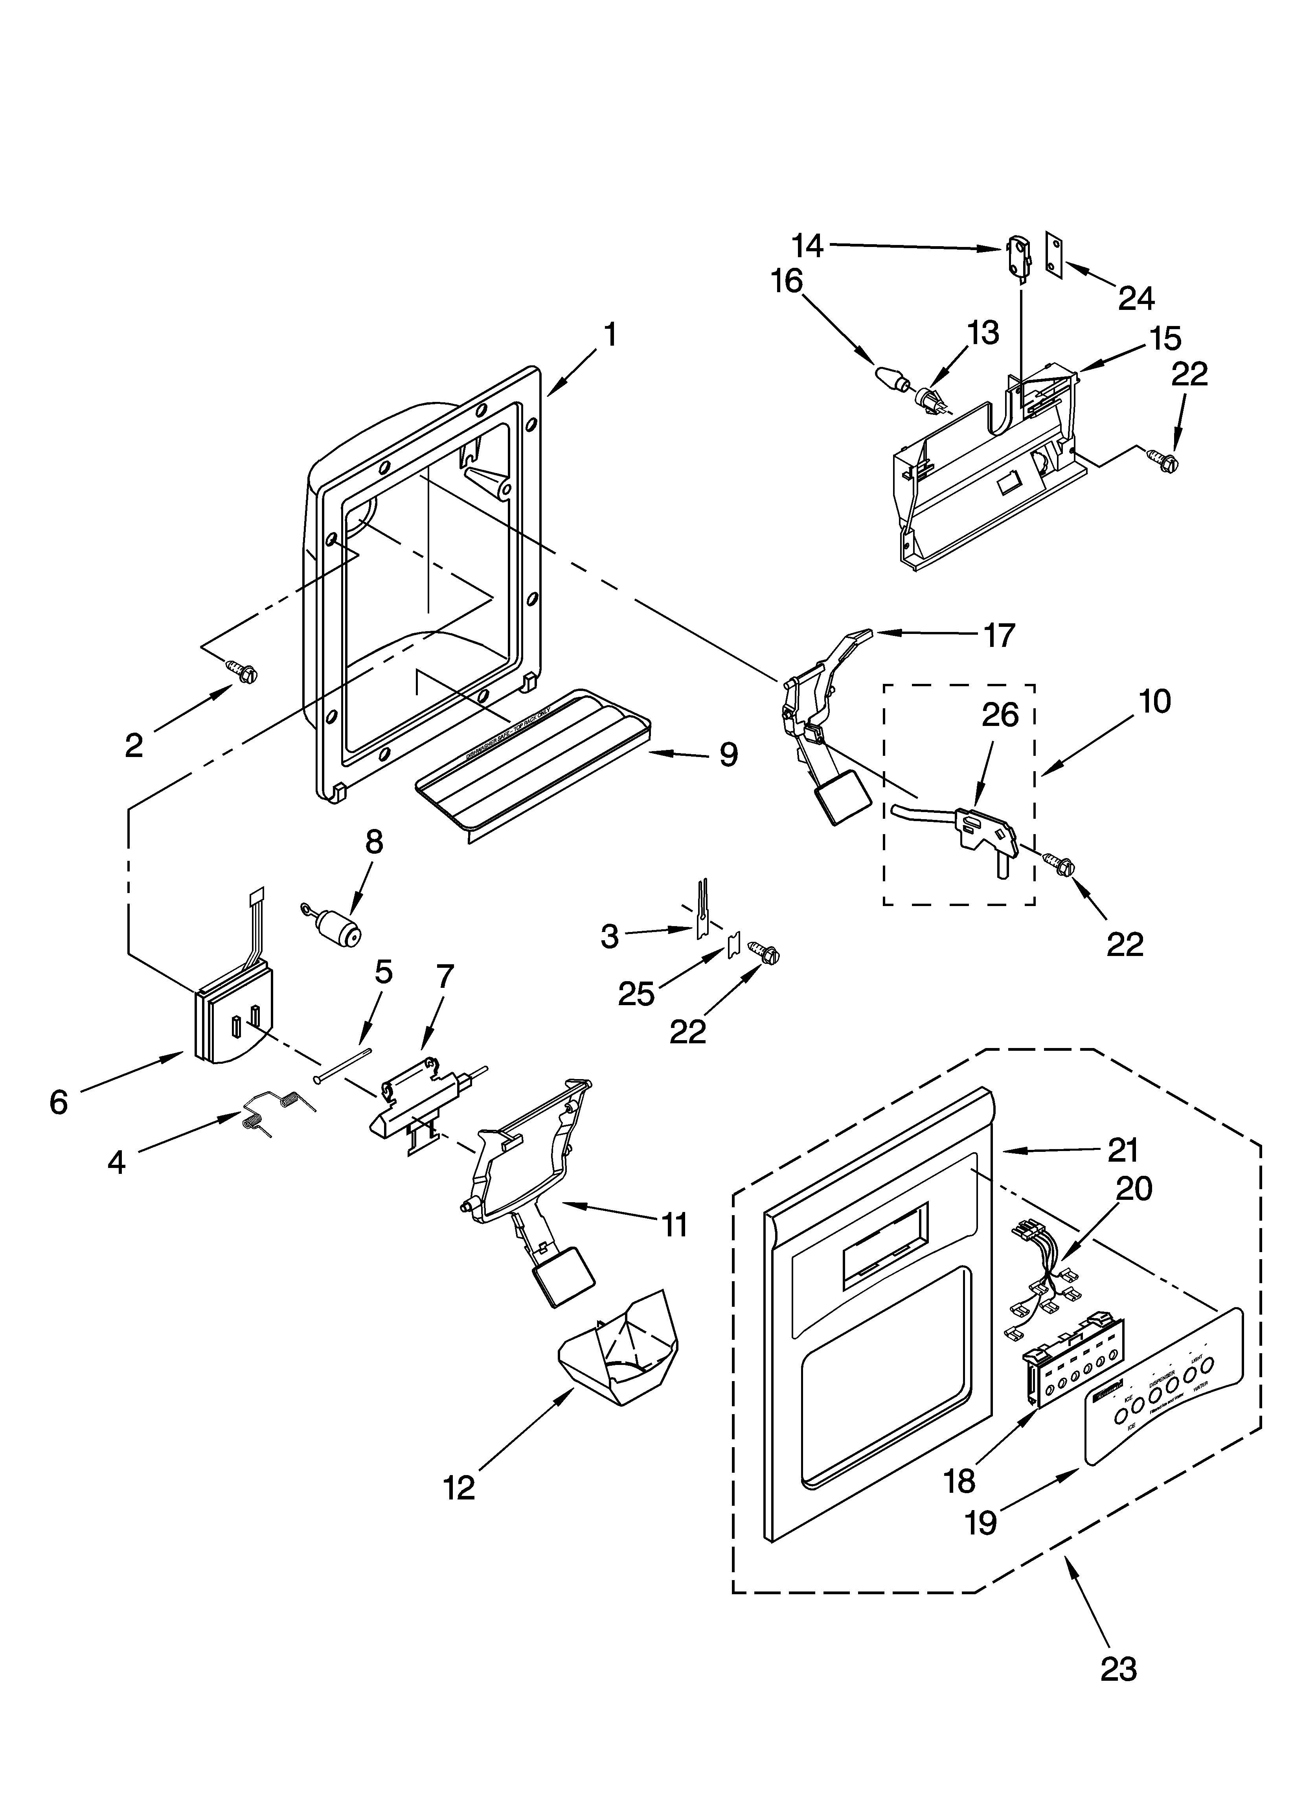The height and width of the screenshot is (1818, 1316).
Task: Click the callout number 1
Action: (610, 335)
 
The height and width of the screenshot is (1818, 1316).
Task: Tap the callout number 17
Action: (998, 635)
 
